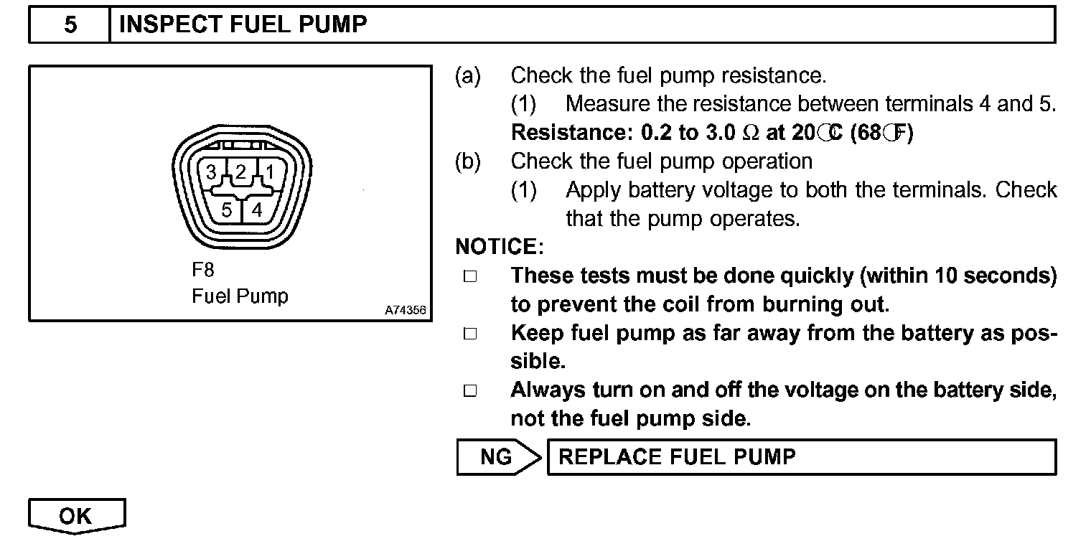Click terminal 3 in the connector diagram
coord(211,172)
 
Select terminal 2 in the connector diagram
coord(240,172)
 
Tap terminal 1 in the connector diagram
coord(270,172)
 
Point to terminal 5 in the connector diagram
coord(227,210)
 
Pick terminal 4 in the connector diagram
coord(257,210)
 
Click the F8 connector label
coord(202,270)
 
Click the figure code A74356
coord(406,310)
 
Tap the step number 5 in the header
coord(70,24)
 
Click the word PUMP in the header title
coord(332,24)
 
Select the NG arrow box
coord(499,457)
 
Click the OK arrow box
coord(77,516)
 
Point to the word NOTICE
coord(500,246)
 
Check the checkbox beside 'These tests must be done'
coord(470,276)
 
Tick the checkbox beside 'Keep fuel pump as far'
coord(470,334)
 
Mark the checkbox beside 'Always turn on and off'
coord(470,391)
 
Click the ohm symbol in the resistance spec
coord(751,133)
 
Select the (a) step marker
coord(467,76)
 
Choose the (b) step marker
coord(467,161)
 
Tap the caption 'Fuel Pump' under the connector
coord(240,296)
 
